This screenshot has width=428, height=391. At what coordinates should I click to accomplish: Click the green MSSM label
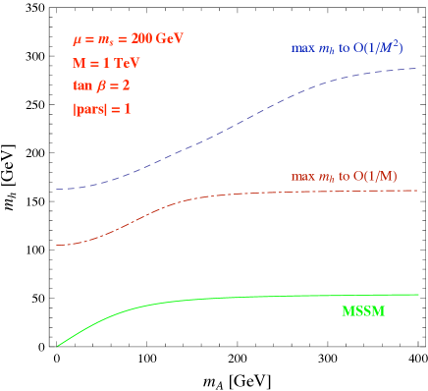coord(363,311)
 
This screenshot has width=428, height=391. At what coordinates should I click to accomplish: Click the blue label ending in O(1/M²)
coord(347,46)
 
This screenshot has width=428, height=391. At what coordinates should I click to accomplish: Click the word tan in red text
coord(82,85)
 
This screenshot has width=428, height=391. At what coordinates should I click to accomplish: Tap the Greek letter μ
coord(78,40)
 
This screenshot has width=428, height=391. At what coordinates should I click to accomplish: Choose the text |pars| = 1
coord(101,109)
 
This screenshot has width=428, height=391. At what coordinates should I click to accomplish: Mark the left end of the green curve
coord(57,346)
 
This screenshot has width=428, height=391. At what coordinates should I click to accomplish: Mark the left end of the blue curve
coord(57,189)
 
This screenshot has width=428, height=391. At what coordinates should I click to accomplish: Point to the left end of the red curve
coord(57,245)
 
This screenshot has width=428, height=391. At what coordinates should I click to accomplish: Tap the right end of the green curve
coord(418,294)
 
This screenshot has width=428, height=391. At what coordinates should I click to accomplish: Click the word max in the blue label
coord(300,48)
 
